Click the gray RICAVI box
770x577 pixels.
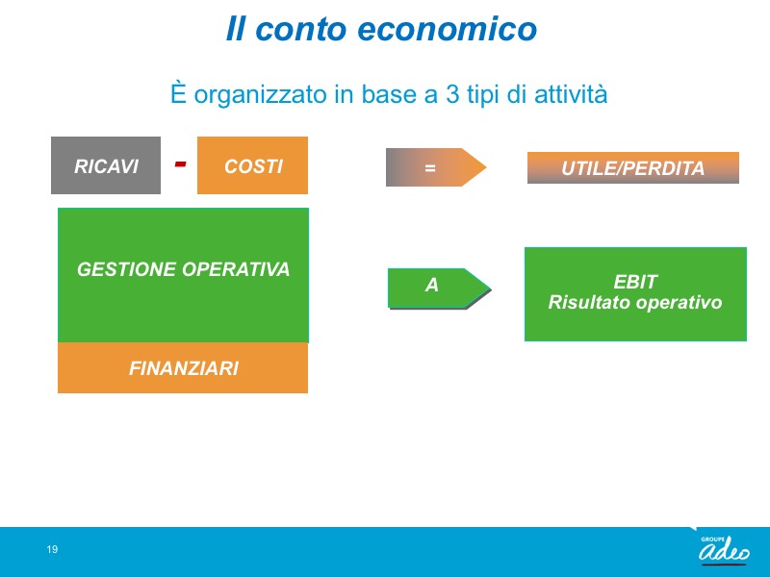click(x=106, y=165)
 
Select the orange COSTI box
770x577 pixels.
click(x=252, y=165)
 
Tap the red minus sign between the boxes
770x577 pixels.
click(x=180, y=163)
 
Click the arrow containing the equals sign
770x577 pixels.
click(x=436, y=167)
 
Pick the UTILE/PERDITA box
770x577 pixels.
click(x=633, y=167)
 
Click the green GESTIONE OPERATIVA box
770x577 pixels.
click(x=183, y=275)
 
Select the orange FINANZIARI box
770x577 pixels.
click(x=183, y=367)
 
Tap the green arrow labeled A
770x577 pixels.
click(x=439, y=288)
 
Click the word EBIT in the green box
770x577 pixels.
click(x=635, y=282)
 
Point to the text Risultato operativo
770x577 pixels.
click(x=635, y=302)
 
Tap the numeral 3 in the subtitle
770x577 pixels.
click(x=452, y=94)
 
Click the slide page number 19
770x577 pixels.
click(x=52, y=549)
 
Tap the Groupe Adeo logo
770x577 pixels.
click(x=724, y=549)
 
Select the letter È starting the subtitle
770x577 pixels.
click(x=178, y=92)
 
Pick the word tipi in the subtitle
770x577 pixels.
click(x=482, y=95)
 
